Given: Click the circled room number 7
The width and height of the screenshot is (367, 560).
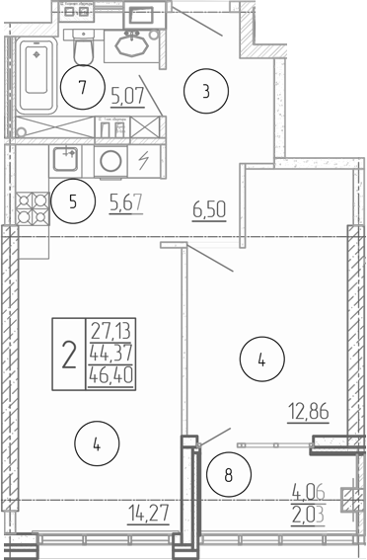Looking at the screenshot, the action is point(84,87).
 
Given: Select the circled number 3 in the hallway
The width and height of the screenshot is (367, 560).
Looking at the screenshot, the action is point(206,93).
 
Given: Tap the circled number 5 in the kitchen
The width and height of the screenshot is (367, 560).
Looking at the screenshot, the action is point(72,202).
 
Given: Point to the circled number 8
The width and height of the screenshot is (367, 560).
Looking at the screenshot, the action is point(229,474).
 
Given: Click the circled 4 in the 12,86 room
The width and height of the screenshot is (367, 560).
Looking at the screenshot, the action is point(260,360).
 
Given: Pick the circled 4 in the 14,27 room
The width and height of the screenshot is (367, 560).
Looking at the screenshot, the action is point(97,444).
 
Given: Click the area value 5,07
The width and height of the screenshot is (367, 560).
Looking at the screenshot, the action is point(127,95).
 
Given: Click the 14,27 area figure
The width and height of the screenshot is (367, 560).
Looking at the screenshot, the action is point(147,512).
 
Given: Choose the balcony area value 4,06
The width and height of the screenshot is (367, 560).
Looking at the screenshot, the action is point(309,488).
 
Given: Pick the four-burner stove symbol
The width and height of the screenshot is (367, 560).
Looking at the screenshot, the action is point(32,206).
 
